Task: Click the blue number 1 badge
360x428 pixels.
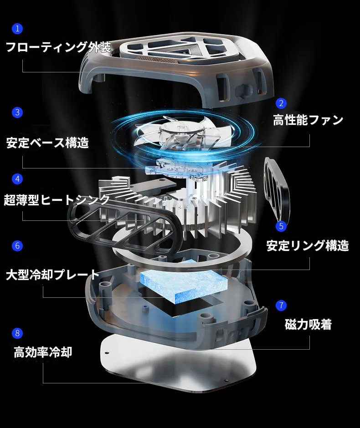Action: [17, 28]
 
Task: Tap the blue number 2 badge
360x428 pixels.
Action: [281, 103]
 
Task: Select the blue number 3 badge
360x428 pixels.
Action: [17, 112]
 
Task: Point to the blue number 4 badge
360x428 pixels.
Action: [17, 179]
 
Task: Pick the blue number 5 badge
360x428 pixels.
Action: [281, 226]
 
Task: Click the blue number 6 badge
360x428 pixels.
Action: [17, 246]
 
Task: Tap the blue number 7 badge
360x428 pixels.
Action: [281, 305]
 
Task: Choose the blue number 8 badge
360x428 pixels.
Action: [17, 333]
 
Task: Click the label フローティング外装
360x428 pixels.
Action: [58, 47]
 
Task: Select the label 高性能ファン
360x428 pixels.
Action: [308, 120]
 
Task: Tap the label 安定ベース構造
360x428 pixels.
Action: [47, 143]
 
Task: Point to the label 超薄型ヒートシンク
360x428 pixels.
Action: [57, 200]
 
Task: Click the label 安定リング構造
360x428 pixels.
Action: [308, 245]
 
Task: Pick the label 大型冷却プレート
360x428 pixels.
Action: [52, 275]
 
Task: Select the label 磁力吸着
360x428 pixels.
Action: [308, 324]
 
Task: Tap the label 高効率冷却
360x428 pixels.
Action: [43, 352]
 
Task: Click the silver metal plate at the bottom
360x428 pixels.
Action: [179, 363]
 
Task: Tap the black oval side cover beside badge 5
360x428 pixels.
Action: [277, 189]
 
